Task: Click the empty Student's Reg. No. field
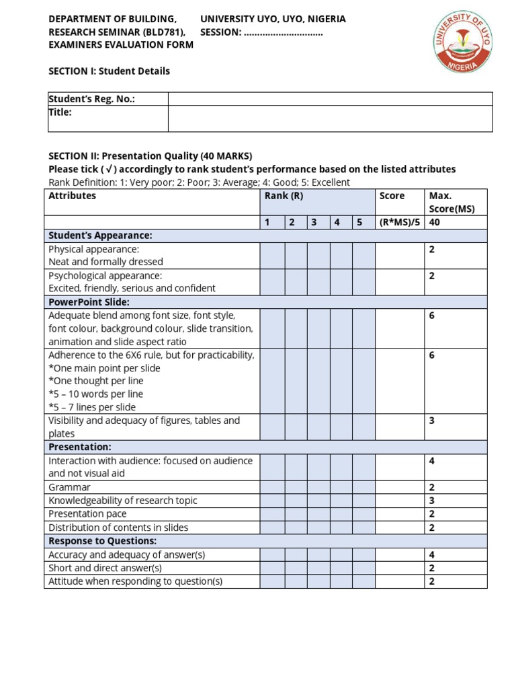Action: click(330, 99)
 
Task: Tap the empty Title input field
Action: click(330, 118)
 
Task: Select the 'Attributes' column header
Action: click(73, 196)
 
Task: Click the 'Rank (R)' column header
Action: click(276, 196)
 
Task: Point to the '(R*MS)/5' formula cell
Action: click(399, 222)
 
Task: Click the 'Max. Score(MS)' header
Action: click(451, 202)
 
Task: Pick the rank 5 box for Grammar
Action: click(363, 487)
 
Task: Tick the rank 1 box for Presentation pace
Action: click(272, 514)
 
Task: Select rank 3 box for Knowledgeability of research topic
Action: click(318, 501)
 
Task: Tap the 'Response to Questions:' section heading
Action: click(103, 541)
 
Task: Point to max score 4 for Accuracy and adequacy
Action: click(432, 554)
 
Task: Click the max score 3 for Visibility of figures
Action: click(432, 421)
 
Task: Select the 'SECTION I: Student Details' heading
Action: click(110, 71)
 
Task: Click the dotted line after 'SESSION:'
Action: click(283, 32)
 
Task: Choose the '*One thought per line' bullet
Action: click(96, 381)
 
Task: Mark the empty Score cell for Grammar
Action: click(399, 487)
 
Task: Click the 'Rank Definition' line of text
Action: click(200, 182)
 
